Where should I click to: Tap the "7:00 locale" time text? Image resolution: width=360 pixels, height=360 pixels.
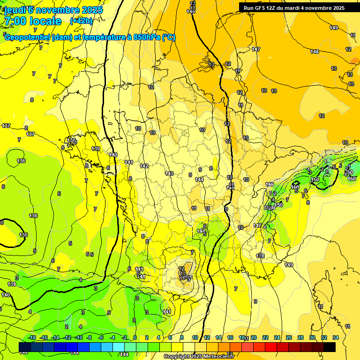point(32,21)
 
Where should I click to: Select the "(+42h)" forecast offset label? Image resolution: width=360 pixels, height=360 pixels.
point(81,21)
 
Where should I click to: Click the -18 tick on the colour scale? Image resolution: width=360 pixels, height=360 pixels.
point(32,337)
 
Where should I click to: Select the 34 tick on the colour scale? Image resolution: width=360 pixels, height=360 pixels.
point(336,337)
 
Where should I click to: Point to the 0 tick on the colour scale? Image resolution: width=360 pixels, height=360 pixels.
point(135,337)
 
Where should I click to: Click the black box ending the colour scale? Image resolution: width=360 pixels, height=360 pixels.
point(330,347)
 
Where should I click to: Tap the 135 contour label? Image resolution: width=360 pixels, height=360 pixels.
point(23,235)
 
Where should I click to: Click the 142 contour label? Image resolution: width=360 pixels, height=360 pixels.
point(144,166)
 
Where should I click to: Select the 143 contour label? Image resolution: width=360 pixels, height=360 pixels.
point(169,173)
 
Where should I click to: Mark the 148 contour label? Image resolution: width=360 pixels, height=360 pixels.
point(315,52)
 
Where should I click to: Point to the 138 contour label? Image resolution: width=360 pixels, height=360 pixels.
point(71,140)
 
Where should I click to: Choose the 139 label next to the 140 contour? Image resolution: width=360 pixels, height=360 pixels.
point(96,149)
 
